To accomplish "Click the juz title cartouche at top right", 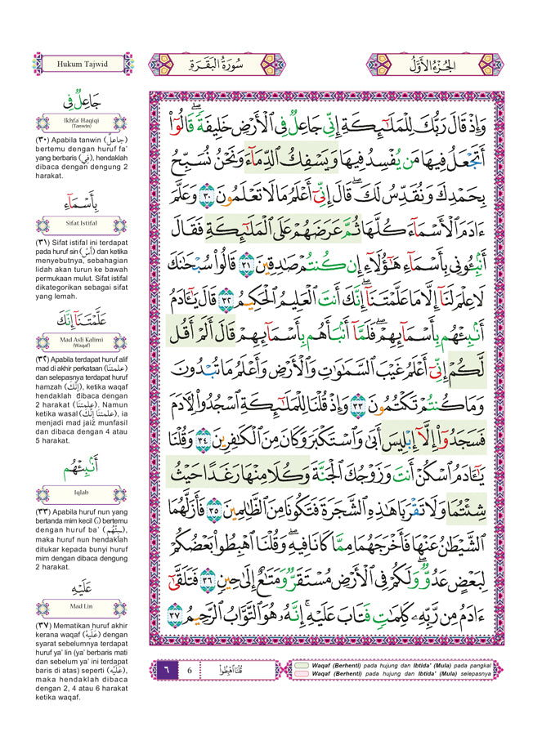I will click(446, 63).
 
